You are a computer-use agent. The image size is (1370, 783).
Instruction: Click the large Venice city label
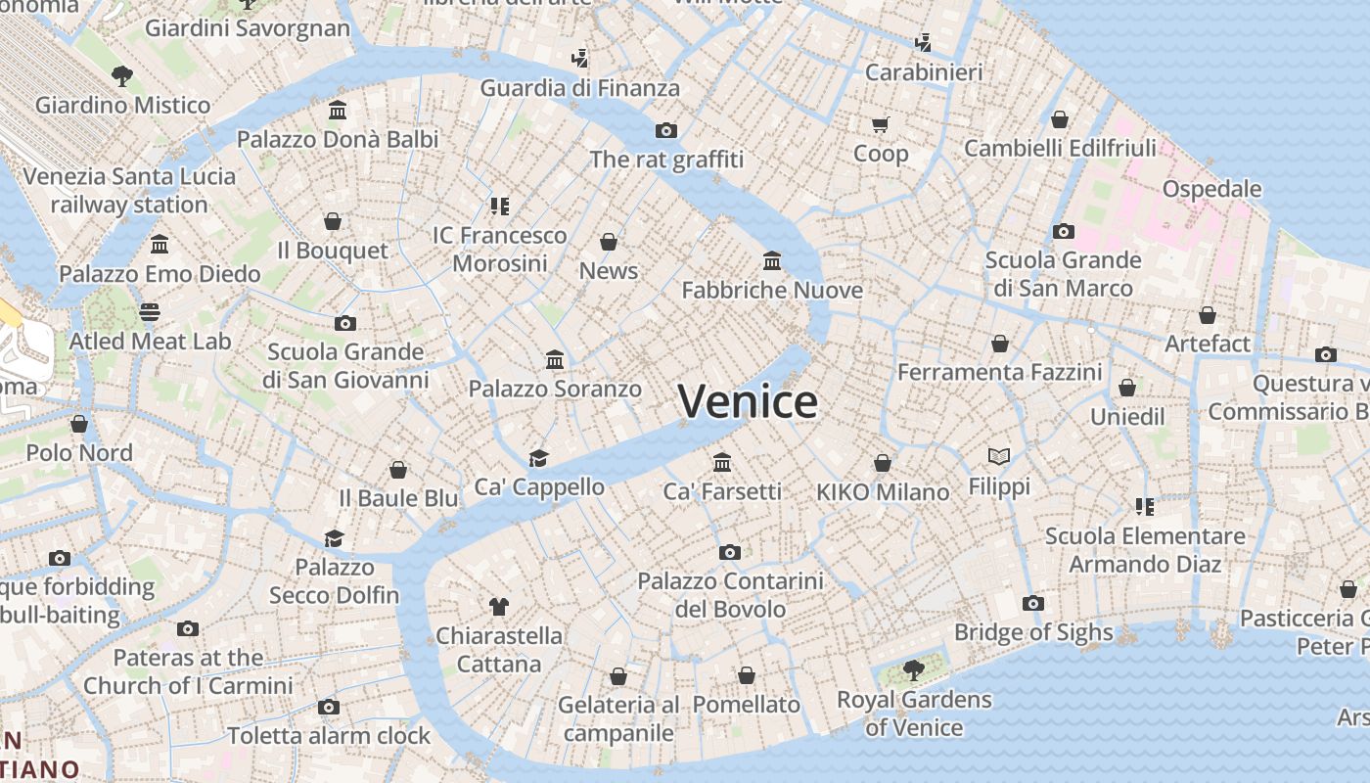[748, 401]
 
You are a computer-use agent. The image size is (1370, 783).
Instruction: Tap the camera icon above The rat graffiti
[666, 130]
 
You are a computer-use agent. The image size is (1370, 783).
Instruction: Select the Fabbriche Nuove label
[772, 290]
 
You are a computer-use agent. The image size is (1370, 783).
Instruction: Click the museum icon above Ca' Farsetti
[722, 462]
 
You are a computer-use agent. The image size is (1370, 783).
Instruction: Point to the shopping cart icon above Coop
[880, 124]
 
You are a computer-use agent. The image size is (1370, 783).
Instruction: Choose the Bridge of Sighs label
[1033, 632]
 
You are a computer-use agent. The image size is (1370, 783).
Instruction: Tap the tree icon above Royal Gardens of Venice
[913, 670]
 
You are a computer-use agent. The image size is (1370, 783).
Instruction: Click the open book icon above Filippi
[999, 456]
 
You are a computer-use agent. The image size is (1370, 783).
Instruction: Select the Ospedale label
[1211, 188]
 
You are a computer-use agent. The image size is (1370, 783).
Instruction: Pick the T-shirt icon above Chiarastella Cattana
[499, 607]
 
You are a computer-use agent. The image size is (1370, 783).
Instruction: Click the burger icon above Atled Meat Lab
[149, 312]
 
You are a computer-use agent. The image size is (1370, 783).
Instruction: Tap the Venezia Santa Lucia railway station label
[129, 191]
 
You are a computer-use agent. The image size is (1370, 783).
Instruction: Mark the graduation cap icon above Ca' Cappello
[538, 458]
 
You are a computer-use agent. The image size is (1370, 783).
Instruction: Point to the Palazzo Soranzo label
[555, 389]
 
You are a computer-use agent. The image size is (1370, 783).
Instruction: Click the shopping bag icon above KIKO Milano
[883, 463]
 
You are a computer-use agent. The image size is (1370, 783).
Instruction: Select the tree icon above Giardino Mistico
[122, 75]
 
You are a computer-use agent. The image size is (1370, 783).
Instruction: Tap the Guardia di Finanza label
[579, 87]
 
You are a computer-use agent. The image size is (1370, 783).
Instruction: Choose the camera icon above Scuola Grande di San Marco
[1064, 232]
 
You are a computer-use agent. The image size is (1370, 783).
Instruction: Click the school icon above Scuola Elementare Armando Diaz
[1145, 507]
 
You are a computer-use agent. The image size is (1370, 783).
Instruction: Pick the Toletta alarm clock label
[329, 735]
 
